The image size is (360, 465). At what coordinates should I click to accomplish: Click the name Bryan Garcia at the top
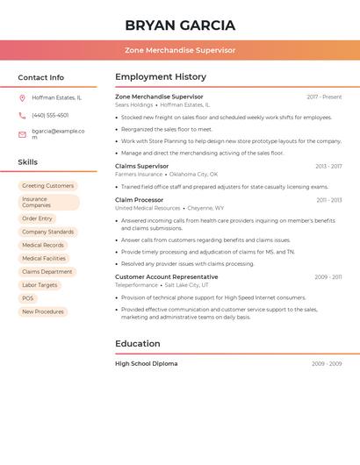[x=180, y=25]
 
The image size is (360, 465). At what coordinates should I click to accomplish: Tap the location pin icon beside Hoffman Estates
[x=22, y=97]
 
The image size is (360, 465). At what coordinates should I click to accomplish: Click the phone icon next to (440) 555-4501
[x=22, y=115]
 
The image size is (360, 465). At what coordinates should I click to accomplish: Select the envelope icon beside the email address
[x=22, y=134]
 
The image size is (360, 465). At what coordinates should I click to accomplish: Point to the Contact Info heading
[x=40, y=77]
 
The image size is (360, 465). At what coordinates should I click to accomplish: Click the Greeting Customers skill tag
[x=47, y=186]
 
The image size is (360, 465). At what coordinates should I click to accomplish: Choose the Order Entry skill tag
[x=37, y=218]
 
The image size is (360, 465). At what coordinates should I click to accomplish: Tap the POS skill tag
[x=28, y=298]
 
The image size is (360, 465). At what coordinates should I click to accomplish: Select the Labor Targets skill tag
[x=40, y=285]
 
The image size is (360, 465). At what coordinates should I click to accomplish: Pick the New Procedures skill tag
[x=42, y=311]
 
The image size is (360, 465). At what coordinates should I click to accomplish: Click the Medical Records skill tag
[x=42, y=245]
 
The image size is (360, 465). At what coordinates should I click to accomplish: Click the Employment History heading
[x=161, y=77]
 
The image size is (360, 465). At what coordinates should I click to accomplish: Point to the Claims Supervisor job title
[x=141, y=166]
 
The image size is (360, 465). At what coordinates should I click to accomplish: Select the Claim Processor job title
[x=139, y=200]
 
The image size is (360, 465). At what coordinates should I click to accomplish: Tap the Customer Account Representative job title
[x=166, y=277]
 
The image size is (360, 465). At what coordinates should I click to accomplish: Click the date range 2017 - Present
[x=324, y=97]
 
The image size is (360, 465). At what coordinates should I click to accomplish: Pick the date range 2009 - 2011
[x=328, y=277]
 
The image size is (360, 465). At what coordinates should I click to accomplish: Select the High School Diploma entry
[x=146, y=363]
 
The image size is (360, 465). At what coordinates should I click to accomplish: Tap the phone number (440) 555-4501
[x=50, y=115]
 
